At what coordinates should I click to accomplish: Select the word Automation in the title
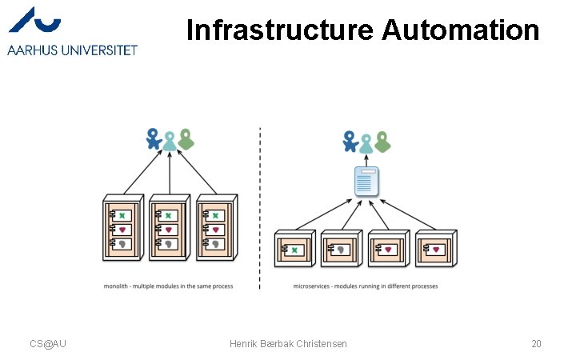click(x=461, y=30)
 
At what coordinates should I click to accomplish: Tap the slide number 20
click(x=536, y=344)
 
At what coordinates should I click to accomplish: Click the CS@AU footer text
click(x=48, y=344)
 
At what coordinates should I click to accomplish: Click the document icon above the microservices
click(x=366, y=183)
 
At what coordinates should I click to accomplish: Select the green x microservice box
click(x=296, y=250)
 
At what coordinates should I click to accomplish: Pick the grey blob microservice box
click(x=343, y=250)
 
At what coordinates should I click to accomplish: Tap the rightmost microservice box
click(x=436, y=250)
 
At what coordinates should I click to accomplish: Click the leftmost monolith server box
click(x=122, y=228)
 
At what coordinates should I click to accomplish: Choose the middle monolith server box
click(x=169, y=228)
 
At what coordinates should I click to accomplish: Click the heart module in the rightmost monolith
click(x=216, y=230)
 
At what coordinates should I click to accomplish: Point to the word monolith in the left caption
click(x=117, y=286)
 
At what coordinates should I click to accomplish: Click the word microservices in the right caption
click(x=312, y=286)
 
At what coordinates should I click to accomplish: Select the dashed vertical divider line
click(x=260, y=208)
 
